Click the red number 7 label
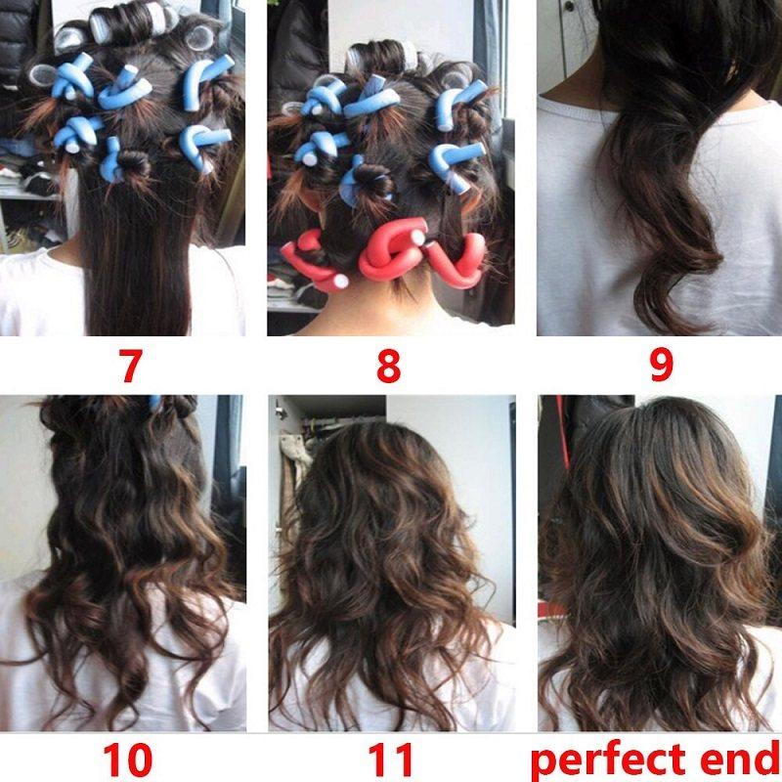tap(131, 366)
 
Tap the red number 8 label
tap(388, 366)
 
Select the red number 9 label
tap(662, 366)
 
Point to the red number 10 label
tap(128, 760)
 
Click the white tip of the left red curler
tap(340, 282)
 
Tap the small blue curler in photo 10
tap(155, 402)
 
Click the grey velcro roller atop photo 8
tap(383, 56)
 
